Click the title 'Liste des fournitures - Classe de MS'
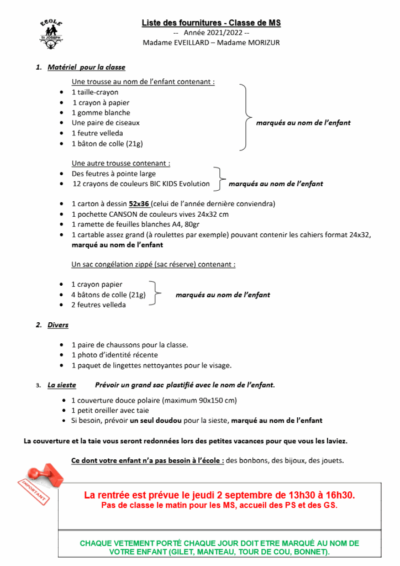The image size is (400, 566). click(211, 23)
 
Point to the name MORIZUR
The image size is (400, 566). click(261, 43)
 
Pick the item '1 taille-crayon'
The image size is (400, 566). click(94, 92)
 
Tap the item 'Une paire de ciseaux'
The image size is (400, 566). click(106, 123)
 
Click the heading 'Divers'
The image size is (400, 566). click(58, 325)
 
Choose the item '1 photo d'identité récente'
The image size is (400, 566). click(114, 355)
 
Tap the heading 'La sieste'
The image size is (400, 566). click(62, 385)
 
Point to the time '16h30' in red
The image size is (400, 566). click(341, 495)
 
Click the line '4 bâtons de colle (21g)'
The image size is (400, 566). click(108, 295)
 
